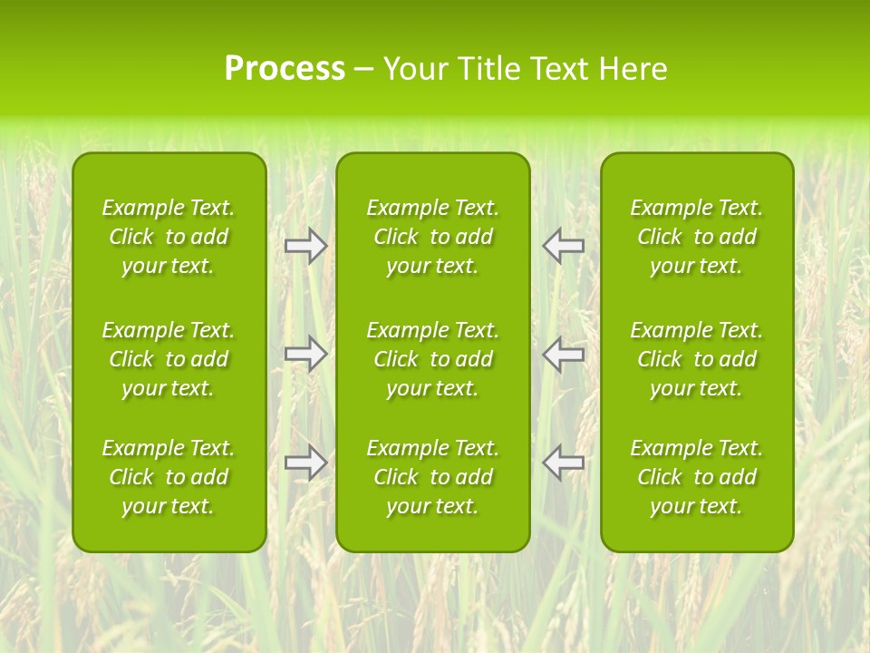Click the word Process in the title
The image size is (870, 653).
point(285,69)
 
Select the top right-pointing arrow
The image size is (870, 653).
point(306,246)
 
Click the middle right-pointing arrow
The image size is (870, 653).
point(306,354)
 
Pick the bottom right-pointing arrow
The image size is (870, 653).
point(306,462)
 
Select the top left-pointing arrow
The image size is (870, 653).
point(563,246)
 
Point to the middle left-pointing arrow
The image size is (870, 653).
point(563,354)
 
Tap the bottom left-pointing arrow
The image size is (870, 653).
point(563,462)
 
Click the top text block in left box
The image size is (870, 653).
point(169,237)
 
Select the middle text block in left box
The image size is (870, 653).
point(169,359)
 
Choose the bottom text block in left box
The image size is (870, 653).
point(169,477)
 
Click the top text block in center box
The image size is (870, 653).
point(432,237)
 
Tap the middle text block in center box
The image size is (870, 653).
point(432,359)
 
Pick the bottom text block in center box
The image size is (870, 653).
point(432,477)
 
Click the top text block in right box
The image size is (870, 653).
point(697,237)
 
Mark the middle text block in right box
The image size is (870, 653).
point(697,359)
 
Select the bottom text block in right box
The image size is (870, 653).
point(697,477)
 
